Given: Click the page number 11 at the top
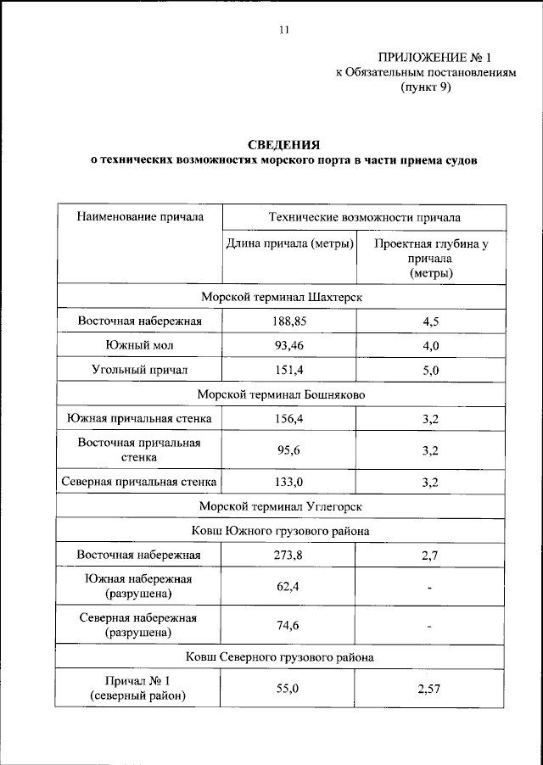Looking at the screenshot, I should pos(283,31).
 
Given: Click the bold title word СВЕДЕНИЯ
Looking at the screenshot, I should pos(284,144).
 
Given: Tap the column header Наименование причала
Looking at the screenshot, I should pos(140,217).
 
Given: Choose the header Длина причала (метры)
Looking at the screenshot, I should pos(289,244).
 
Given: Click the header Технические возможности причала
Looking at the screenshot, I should pos(364,217).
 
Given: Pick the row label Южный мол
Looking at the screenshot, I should pos(140,346).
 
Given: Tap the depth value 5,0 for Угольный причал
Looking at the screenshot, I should pos(430,371).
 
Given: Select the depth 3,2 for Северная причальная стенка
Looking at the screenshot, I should pos(430,483).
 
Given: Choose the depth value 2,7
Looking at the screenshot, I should pos(430,556).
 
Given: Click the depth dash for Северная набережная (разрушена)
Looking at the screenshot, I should pos(430,627).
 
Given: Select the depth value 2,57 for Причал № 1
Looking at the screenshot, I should pos(430,689).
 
